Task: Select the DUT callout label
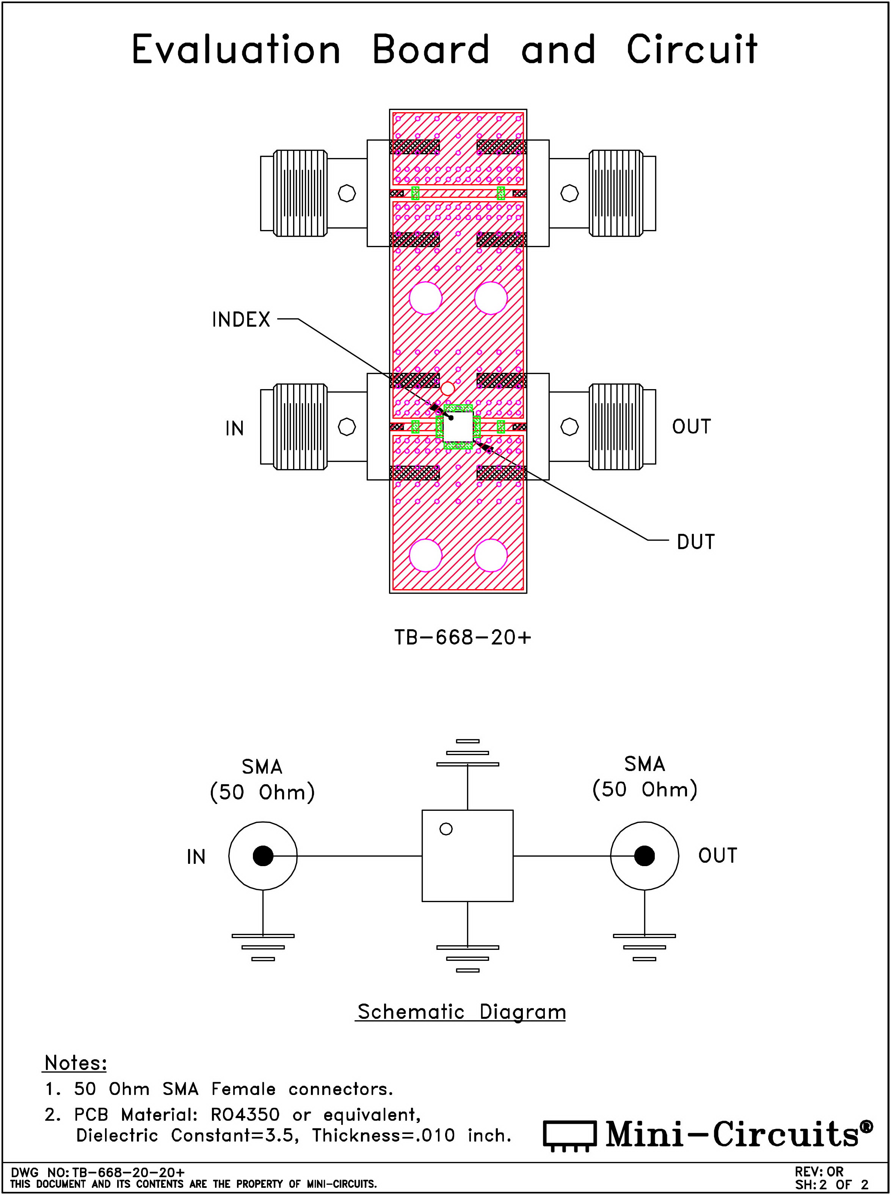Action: (696, 542)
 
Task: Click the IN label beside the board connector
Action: (235, 428)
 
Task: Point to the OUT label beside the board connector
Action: (692, 426)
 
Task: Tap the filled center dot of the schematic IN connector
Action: (263, 856)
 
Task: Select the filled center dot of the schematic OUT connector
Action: (645, 856)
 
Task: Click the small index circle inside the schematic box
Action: (446, 829)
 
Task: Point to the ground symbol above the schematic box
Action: (467, 752)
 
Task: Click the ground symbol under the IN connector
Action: (263, 947)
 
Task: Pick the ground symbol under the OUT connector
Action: (645, 947)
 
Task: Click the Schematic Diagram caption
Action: (461, 1012)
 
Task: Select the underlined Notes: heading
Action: (75, 1063)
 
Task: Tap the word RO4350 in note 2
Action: (245, 1114)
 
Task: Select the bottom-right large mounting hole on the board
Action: (491, 555)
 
